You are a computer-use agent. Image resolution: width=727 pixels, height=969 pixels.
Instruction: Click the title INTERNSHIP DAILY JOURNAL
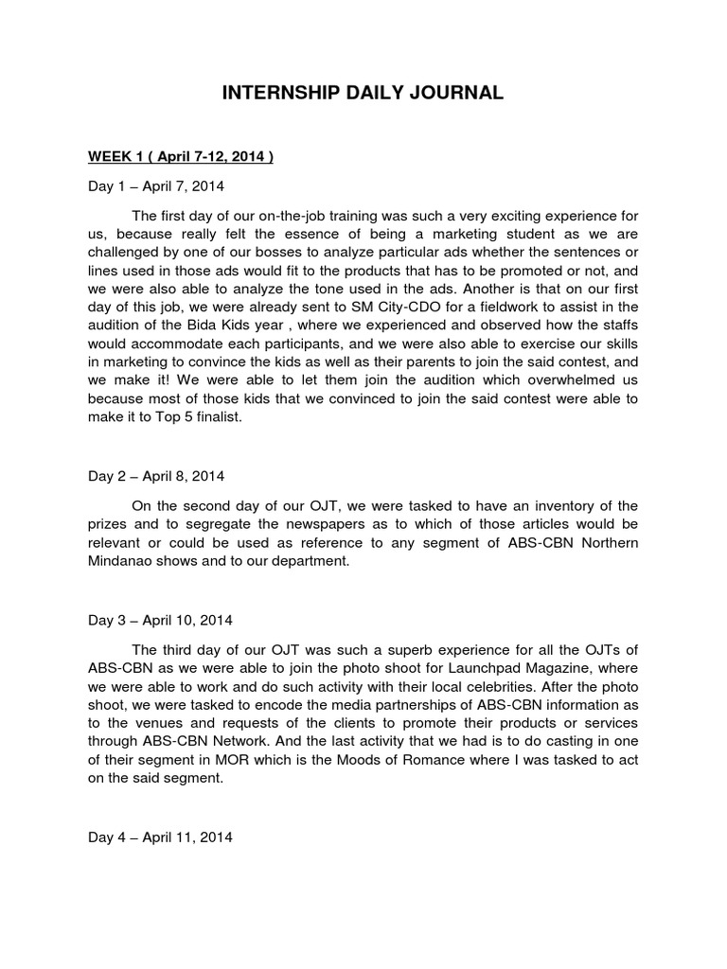pyautogui.click(x=363, y=93)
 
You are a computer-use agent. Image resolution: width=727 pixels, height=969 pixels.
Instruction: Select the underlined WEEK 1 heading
pyautogui.click(x=181, y=157)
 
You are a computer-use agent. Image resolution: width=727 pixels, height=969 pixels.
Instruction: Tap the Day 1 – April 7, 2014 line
pyautogui.click(x=156, y=186)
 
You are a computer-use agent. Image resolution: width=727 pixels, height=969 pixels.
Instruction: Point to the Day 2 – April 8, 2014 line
pyautogui.click(x=156, y=476)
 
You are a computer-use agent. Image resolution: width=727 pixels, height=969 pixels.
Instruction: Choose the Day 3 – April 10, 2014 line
pyautogui.click(x=160, y=621)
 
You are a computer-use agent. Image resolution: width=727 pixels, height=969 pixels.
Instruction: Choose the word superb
pyautogui.click(x=361, y=649)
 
